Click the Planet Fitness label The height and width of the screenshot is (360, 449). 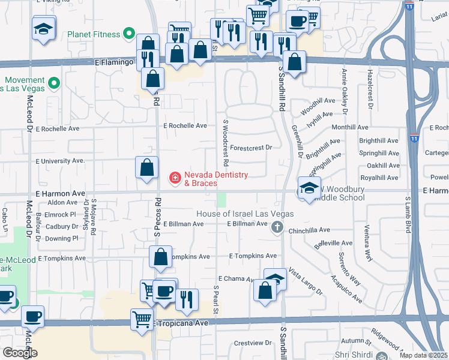pos(94,34)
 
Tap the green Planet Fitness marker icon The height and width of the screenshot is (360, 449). pos(128,34)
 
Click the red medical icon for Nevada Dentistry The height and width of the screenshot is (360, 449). pos(175,178)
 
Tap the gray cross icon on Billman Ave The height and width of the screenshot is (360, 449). pos(277,227)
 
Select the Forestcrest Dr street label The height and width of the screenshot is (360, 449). pos(251,147)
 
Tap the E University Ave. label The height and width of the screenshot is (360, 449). pos(61,161)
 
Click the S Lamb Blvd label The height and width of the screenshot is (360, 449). pos(408,216)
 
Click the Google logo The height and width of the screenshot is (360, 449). pos(20,353)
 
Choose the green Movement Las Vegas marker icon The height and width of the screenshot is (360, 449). pos(54,83)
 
